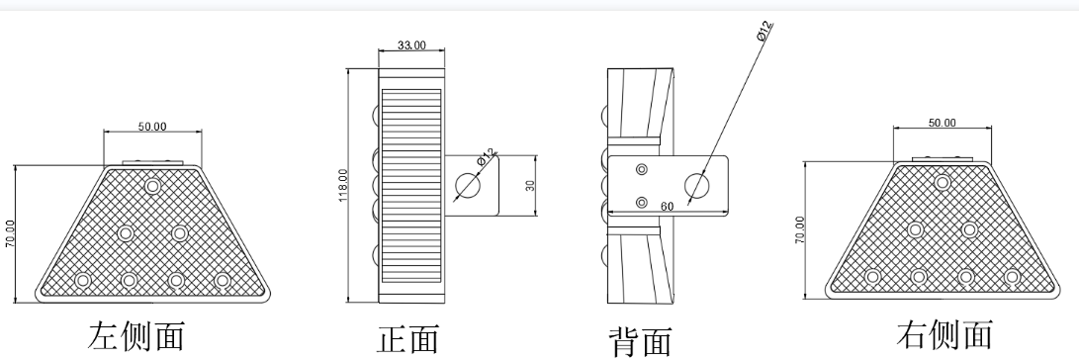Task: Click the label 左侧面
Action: pyautogui.click(x=136, y=333)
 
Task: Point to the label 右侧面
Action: pyautogui.click(x=944, y=333)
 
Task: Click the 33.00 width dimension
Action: pyautogui.click(x=410, y=45)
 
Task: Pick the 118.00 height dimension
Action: pyautogui.click(x=343, y=186)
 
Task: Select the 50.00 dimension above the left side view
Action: pyautogui.click(x=152, y=127)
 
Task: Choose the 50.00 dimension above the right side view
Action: pyautogui.click(x=942, y=123)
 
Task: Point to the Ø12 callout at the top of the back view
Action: pyautogui.click(x=764, y=31)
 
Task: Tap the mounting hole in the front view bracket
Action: pyautogui.click(x=467, y=185)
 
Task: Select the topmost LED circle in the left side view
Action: pyautogui.click(x=152, y=186)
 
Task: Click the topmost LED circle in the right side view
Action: pyautogui.click(x=943, y=182)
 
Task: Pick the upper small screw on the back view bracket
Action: pyautogui.click(x=642, y=169)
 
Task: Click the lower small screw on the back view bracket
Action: pyautogui.click(x=642, y=201)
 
